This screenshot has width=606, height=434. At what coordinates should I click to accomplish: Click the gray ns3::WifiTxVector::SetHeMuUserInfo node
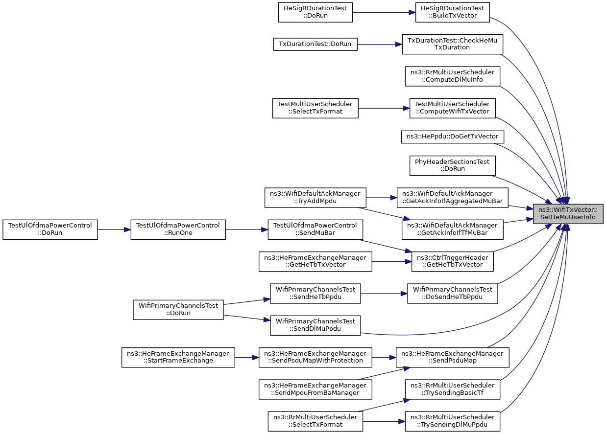click(x=568, y=214)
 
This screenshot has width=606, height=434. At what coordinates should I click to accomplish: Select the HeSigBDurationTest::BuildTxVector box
click(x=452, y=12)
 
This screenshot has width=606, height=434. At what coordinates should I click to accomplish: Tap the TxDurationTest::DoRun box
click(x=315, y=44)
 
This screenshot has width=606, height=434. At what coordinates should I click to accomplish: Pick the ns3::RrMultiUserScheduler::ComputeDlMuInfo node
click(x=452, y=76)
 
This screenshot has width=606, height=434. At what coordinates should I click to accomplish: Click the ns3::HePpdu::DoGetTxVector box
click(x=452, y=137)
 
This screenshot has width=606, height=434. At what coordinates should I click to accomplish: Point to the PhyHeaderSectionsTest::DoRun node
click(x=452, y=165)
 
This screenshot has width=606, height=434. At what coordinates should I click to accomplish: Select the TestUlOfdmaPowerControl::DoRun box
click(x=50, y=229)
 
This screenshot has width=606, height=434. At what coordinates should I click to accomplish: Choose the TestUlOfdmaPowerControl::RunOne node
click(x=178, y=229)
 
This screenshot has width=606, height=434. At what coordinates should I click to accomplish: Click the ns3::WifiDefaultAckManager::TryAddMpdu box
click(x=315, y=198)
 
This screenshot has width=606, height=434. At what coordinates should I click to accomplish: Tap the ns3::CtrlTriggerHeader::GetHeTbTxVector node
click(x=452, y=261)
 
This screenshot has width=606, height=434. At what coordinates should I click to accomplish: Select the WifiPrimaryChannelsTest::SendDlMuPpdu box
click(x=315, y=325)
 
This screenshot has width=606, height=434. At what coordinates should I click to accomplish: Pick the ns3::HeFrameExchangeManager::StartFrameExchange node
click(x=178, y=357)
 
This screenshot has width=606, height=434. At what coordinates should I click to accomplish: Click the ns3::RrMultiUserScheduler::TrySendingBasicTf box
click(x=452, y=389)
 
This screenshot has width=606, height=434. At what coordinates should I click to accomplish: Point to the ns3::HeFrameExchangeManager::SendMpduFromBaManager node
click(x=315, y=389)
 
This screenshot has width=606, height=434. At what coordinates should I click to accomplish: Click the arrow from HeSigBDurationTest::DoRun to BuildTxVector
click(x=384, y=12)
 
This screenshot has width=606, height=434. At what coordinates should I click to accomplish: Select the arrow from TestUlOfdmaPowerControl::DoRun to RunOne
click(x=114, y=229)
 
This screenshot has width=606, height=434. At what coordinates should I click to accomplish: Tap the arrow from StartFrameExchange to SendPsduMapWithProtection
click(x=247, y=357)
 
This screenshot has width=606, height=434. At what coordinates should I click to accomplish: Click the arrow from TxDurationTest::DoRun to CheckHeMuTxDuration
click(x=380, y=45)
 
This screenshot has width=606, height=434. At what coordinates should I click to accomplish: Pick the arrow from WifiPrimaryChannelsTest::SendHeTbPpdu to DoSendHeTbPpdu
click(x=384, y=294)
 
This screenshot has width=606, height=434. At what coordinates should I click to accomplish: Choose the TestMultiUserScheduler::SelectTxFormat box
click(x=315, y=108)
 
